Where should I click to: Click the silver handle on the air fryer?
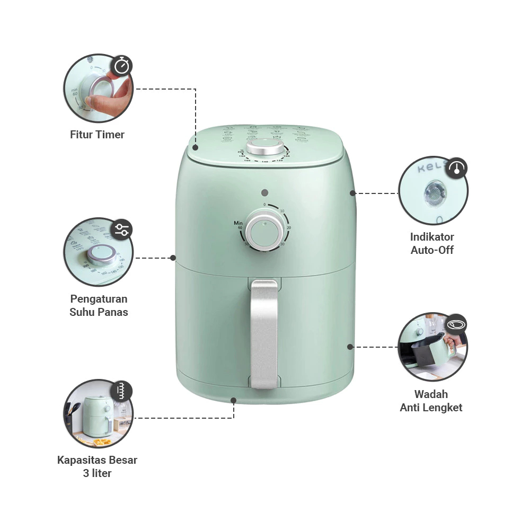[x=264, y=334]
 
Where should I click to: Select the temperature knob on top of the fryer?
[x=264, y=148]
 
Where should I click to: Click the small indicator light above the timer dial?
[x=265, y=193]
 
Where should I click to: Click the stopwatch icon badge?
[x=122, y=66]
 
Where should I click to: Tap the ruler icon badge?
[x=122, y=392]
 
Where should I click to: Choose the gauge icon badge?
[x=456, y=169]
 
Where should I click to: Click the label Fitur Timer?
[x=97, y=135]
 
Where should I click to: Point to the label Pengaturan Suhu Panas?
[x=99, y=305]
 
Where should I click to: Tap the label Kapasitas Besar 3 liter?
[x=97, y=466]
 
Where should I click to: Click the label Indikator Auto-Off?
[x=432, y=243]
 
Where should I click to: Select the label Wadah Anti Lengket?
[x=431, y=401]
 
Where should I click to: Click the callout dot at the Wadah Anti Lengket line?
[x=350, y=347]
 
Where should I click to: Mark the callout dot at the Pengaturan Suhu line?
[x=173, y=258]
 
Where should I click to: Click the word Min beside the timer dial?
[x=238, y=223]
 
